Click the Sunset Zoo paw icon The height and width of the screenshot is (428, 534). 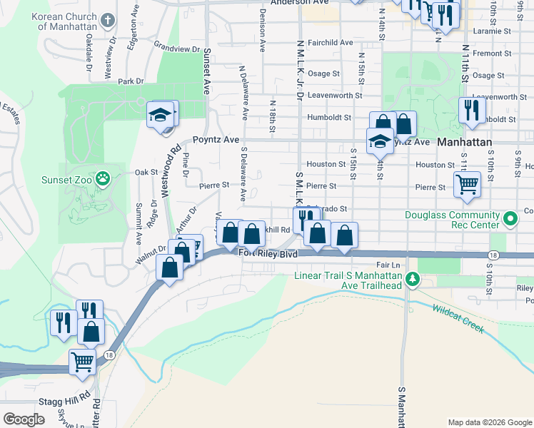tap(104, 178)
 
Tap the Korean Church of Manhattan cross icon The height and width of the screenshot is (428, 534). tap(108, 19)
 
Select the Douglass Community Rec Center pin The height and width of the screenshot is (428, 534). tap(509, 219)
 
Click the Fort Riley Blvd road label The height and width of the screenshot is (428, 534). tap(268, 253)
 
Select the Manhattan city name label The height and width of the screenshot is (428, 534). tap(465, 142)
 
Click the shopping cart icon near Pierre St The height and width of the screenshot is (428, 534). tap(467, 184)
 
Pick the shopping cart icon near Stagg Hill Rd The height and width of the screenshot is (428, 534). tap(83, 362)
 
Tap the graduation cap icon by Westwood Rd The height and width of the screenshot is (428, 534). tap(161, 114)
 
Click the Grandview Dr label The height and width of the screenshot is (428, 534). tap(177, 49)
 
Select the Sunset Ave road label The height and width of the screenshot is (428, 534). tap(208, 71)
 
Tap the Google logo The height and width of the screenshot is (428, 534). tap(24, 419)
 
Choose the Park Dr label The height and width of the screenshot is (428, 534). tap(131, 81)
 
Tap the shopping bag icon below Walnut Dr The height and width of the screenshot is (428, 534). tap(170, 268)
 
